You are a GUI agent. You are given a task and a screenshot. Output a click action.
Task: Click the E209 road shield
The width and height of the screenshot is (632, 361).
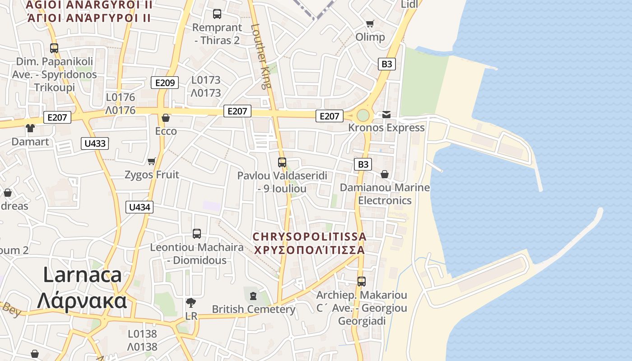(165, 83)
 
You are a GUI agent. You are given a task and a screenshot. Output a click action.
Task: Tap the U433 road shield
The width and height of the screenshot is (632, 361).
(95, 143)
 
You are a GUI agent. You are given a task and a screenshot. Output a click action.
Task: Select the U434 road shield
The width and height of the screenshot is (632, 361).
(139, 207)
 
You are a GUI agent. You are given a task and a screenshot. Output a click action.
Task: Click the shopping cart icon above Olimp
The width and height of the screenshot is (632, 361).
(370, 23)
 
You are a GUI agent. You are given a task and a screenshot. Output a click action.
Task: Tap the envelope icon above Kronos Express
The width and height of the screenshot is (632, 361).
(386, 115)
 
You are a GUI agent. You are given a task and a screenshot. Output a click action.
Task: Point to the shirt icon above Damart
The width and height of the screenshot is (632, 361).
(30, 128)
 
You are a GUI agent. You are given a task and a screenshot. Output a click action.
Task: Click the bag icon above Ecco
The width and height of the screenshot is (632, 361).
(166, 118)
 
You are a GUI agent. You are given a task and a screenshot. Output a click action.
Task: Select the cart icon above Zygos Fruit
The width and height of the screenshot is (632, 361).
(152, 161)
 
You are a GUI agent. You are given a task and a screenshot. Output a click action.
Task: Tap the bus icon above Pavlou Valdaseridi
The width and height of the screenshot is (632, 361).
(282, 162)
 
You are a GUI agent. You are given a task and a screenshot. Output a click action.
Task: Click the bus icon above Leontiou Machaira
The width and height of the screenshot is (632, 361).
(197, 234)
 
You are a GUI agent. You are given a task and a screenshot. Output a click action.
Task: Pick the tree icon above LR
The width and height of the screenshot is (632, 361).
(191, 302)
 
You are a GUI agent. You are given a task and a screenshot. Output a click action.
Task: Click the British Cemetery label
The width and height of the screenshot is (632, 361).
(253, 309)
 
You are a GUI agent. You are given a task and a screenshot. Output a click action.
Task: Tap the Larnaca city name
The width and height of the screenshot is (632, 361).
(82, 287)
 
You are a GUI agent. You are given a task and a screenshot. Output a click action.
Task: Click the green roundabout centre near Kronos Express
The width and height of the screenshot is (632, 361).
(363, 116)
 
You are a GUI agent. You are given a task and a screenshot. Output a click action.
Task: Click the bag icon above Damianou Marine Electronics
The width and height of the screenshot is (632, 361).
(385, 174)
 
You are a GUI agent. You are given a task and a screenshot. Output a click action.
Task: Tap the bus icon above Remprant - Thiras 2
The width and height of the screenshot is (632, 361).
(217, 14)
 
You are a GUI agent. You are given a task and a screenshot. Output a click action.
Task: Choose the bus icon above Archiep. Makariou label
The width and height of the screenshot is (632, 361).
(361, 282)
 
